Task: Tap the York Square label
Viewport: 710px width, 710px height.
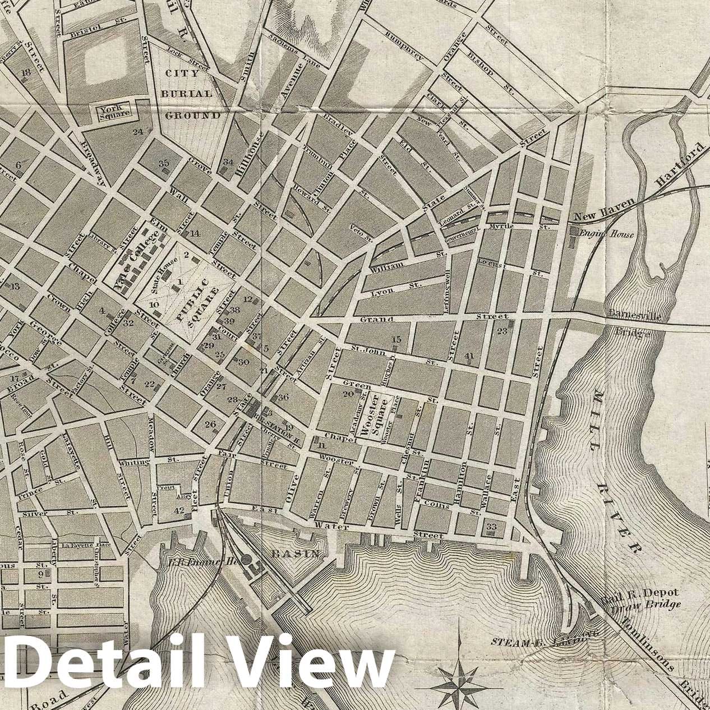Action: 114,110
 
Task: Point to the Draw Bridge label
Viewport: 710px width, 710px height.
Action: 646,604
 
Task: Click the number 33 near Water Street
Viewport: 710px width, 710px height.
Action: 492,527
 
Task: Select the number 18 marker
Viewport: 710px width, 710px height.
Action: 25,72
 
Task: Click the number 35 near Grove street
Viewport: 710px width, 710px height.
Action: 164,163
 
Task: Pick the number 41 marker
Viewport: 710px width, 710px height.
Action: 469,356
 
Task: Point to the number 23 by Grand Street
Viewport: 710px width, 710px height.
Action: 501,331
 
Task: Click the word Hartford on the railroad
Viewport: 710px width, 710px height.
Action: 679,165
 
